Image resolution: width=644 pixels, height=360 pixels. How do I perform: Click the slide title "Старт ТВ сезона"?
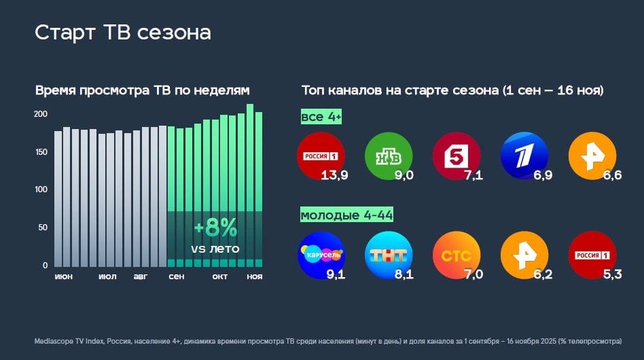click(123, 33)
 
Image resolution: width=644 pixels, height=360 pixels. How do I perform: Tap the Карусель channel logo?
click(321, 255)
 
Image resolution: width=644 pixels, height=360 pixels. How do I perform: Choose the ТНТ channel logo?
click(389, 255)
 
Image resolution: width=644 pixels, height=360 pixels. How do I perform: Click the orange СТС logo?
click(456, 255)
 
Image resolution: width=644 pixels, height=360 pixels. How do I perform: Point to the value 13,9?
click(335, 176)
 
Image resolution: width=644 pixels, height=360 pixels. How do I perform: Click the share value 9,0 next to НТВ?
click(404, 176)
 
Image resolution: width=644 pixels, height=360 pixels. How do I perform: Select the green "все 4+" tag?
click(321, 118)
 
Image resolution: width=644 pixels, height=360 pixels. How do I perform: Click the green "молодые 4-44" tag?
click(347, 216)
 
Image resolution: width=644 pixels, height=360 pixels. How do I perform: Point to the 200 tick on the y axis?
click(41, 114)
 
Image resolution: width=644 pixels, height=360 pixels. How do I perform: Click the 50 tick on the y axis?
click(43, 228)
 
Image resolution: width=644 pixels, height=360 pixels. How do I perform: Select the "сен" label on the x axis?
click(176, 276)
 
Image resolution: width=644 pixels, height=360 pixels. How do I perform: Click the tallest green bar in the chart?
click(249, 183)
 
